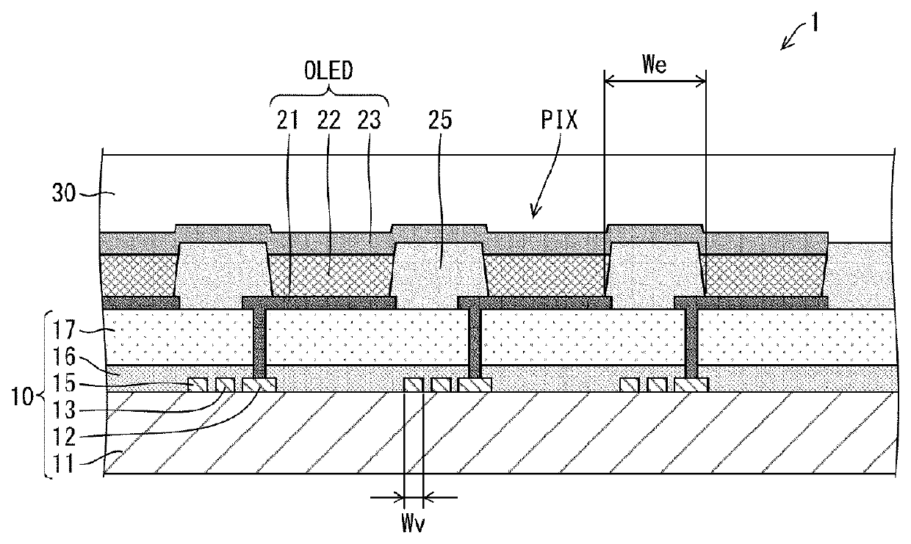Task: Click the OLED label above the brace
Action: click(x=329, y=73)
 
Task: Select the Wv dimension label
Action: click(x=414, y=524)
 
